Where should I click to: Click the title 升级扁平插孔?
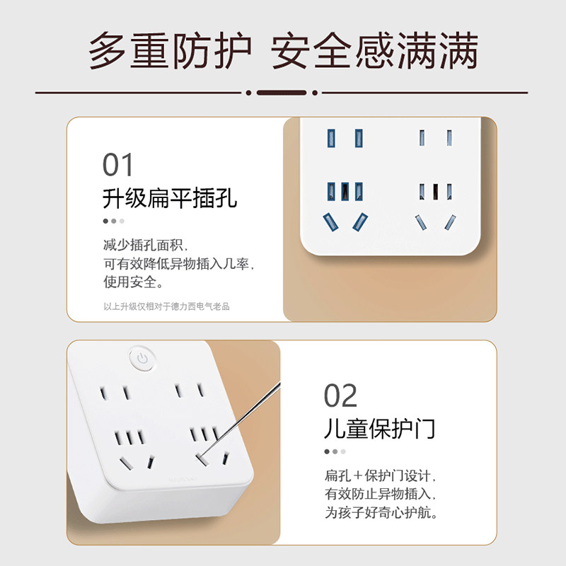click(x=170, y=198)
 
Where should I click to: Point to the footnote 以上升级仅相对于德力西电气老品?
click(x=167, y=306)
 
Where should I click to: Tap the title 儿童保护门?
click(x=380, y=429)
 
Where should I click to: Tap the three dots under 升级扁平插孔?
click(x=113, y=221)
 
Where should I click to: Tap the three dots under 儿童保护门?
click(x=335, y=451)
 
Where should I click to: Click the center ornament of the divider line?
click(x=282, y=93)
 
